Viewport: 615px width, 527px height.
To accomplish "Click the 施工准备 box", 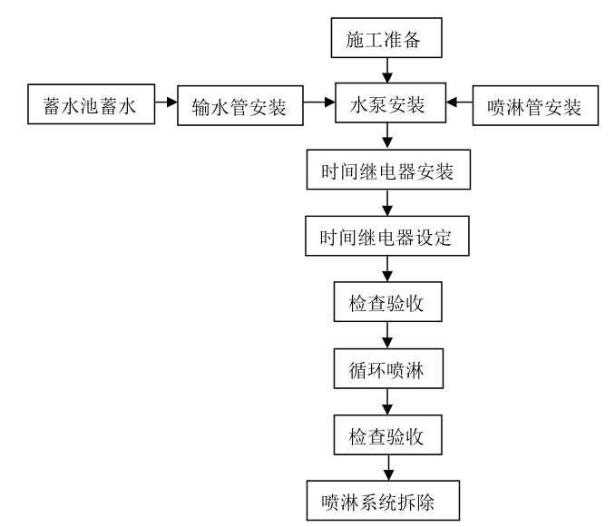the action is tap(386, 38).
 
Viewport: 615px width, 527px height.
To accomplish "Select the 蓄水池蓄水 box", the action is tap(91, 104).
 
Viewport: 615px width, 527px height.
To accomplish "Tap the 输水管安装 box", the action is tap(240, 105).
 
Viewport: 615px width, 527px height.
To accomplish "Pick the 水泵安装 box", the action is tap(390, 102).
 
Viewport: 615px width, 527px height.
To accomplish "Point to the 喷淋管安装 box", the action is tap(535, 105).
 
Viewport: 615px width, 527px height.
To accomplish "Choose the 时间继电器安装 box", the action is tap(388, 170).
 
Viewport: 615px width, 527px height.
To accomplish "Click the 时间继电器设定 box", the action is tap(387, 236).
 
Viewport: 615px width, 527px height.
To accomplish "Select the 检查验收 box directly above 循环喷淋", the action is tap(387, 301).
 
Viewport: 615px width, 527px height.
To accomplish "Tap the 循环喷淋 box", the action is tap(388, 368).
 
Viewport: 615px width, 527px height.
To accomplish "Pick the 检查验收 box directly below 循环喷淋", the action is tap(387, 434).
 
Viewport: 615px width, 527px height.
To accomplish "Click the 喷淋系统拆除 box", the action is tap(383, 501).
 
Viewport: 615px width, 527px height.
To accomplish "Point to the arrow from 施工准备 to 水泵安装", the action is tap(387, 70).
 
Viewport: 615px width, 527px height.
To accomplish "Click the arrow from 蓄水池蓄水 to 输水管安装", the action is tap(166, 102).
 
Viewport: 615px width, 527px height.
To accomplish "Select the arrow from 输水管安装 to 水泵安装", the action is tap(319, 102).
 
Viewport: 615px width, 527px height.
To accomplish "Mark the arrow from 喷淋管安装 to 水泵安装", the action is tap(459, 102).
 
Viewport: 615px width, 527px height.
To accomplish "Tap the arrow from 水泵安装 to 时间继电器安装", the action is tap(387, 136).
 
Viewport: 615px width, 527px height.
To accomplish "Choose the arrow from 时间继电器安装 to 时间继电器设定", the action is tap(387, 202).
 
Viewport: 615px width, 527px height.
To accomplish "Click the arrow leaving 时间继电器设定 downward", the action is tap(387, 268).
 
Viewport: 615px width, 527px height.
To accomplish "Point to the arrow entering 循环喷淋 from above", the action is tap(387, 336).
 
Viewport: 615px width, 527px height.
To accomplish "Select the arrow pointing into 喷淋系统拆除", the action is tap(388, 468).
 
